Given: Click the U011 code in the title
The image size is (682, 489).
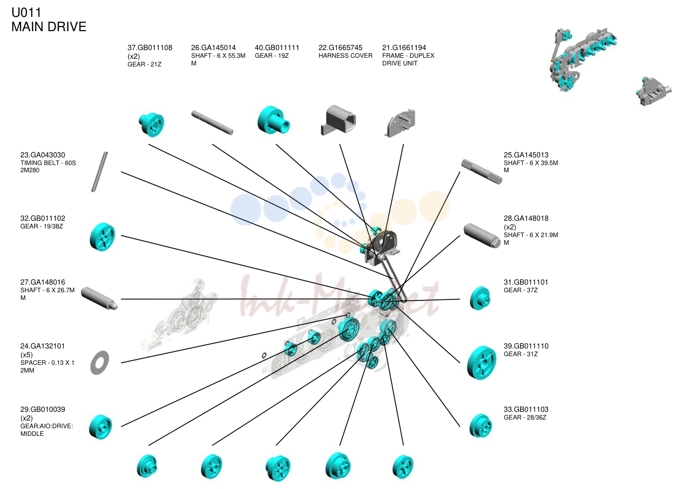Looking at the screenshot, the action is click(26, 12).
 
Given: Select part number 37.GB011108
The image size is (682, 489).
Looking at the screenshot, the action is click(150, 48).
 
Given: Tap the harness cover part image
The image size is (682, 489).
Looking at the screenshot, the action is click(339, 120).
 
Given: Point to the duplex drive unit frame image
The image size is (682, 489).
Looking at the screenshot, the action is click(399, 123).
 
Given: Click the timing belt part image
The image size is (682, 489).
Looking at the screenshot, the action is click(100, 171).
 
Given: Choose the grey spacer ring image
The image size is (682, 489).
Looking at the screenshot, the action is click(100, 362).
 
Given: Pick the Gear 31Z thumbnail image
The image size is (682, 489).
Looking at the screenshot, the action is click(481, 362).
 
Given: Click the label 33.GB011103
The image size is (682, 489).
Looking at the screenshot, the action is click(526, 409).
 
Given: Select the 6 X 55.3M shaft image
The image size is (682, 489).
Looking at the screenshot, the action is click(212, 123).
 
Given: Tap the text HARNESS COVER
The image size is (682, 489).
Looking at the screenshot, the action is click(345, 56).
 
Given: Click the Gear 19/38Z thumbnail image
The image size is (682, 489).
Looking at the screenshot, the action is click(103, 237).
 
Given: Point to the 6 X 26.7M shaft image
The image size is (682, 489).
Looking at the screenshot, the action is click(99, 298).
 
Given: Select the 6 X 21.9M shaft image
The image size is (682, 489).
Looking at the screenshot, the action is click(482, 236).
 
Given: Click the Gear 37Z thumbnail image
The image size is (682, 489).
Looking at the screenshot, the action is click(480, 298).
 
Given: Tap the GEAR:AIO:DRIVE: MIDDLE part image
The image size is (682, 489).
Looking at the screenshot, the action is click(101, 427).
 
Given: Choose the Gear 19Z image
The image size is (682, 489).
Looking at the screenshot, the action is click(273, 120).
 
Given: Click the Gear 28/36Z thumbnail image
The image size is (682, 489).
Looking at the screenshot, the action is click(480, 425).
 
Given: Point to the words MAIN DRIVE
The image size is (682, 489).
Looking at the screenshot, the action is click(49, 27).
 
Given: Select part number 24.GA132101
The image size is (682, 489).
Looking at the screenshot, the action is click(42, 346).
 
